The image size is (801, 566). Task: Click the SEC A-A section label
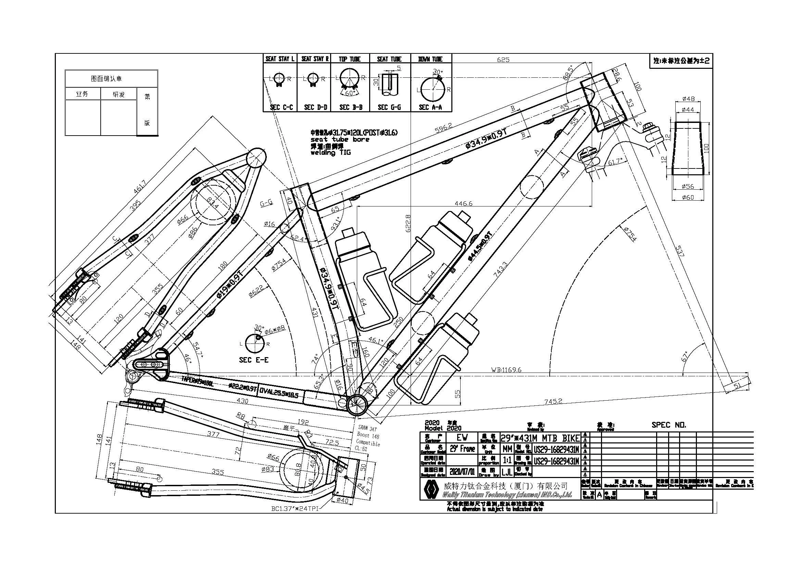tap(430, 108)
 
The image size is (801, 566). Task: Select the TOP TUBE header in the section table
tap(350, 59)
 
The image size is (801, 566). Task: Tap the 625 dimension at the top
tap(503, 60)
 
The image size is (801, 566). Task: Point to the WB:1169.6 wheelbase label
tap(506, 370)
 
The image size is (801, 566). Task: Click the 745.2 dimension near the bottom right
tap(553, 401)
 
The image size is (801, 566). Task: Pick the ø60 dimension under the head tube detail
tap(688, 198)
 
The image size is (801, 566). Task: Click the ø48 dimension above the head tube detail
tap(688, 99)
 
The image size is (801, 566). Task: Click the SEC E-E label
tap(254, 360)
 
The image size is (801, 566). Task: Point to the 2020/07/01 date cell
tap(462, 472)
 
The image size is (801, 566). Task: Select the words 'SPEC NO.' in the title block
tap(669, 425)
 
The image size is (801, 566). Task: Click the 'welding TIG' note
tap(331, 152)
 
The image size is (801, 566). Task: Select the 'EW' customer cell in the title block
tap(462, 437)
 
